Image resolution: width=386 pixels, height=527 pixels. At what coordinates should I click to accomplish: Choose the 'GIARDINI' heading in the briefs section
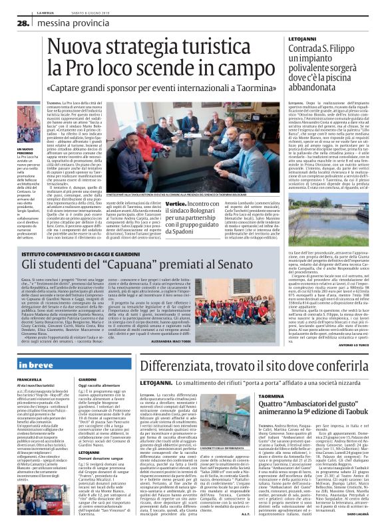88,379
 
